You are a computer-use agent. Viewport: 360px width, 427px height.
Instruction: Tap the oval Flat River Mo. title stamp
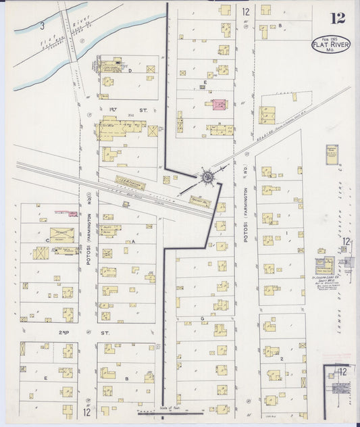click(x=331, y=45)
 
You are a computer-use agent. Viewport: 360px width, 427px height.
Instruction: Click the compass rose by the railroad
click(x=207, y=178)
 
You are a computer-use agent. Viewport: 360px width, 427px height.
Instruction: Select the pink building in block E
click(x=219, y=105)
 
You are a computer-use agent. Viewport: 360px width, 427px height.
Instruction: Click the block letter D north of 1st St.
click(x=130, y=70)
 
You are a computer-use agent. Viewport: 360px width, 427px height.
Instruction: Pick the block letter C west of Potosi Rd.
click(x=47, y=239)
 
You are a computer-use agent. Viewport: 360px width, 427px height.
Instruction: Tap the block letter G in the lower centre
click(x=201, y=318)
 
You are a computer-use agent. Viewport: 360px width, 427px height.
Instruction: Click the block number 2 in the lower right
click(x=281, y=359)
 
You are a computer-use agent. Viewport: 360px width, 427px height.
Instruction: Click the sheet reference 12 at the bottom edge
click(x=86, y=411)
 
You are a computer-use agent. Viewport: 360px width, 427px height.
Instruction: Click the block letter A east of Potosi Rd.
click(x=133, y=241)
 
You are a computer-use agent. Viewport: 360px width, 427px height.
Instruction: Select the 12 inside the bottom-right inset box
click(x=343, y=372)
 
